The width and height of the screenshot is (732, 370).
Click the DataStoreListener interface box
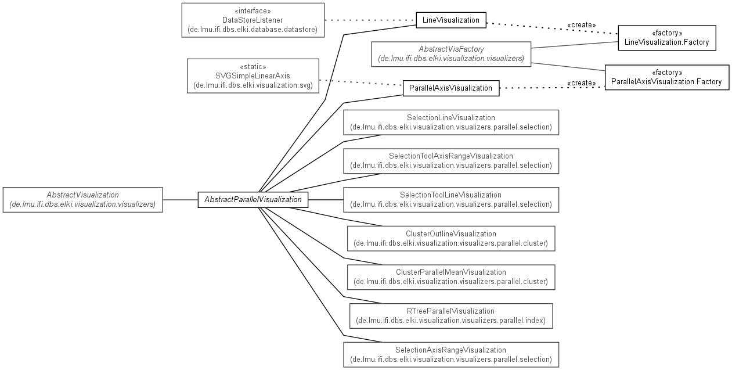point(253,20)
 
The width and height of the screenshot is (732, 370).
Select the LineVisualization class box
point(451,20)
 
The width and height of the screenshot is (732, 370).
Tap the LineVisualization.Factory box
point(667,38)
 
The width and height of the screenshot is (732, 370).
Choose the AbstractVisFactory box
point(451,54)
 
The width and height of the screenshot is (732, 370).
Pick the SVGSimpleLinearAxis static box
point(253,76)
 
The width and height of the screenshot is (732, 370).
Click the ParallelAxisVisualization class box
point(451,88)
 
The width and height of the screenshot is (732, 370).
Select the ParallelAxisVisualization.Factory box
point(667,77)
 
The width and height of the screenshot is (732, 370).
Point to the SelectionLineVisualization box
point(451,122)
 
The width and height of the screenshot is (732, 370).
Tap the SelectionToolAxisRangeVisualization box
point(451,161)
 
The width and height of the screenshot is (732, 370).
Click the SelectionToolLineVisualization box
point(451,200)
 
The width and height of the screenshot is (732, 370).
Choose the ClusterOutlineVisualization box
point(451,239)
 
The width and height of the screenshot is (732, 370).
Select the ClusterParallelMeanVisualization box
point(451,277)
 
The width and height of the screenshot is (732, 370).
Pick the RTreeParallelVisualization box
point(451,316)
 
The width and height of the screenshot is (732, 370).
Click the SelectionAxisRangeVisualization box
point(451,355)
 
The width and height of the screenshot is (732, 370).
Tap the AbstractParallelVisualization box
point(253,200)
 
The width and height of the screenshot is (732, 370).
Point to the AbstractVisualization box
point(82,200)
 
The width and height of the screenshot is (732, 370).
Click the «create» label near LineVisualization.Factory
point(581,25)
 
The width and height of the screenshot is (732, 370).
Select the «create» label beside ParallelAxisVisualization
point(581,83)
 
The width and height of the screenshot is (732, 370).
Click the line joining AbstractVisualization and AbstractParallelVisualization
point(181,200)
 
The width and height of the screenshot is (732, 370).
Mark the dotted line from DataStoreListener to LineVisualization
point(370,20)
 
